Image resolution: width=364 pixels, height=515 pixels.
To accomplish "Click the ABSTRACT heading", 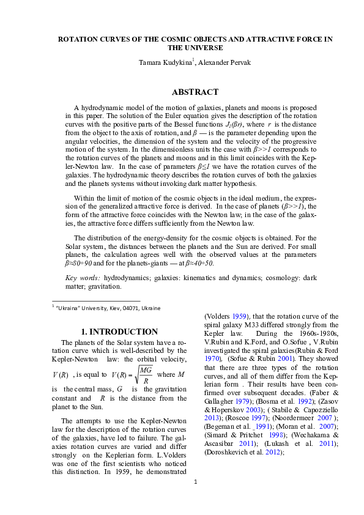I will pos(195,92).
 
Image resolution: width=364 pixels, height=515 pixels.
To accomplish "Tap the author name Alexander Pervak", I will pos(224,62).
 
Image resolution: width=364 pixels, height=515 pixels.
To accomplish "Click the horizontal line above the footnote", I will pos(96,300).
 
